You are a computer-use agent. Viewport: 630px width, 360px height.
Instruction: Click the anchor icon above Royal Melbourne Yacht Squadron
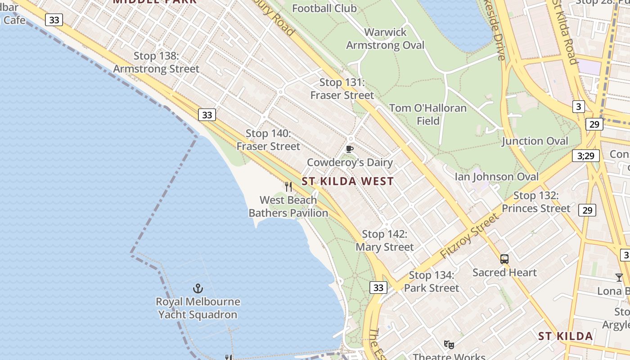point(198,288)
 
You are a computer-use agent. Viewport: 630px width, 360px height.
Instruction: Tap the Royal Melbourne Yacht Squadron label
point(198,308)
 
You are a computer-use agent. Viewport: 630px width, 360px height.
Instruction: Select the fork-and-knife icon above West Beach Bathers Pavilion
point(288,186)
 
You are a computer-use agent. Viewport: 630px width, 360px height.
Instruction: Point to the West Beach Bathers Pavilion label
point(288,207)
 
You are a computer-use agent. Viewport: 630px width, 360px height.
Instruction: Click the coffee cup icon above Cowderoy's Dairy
point(350,149)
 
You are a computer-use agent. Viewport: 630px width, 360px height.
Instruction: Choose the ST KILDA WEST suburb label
point(347,181)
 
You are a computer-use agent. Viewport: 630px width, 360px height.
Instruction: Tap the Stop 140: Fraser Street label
point(268,140)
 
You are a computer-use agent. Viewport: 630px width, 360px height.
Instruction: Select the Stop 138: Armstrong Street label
point(156,63)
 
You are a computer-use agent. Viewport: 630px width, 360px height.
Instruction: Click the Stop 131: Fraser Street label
point(342,89)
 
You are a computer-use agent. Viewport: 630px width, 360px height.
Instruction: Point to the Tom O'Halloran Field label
point(428,114)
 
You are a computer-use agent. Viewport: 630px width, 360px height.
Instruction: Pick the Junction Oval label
point(535,141)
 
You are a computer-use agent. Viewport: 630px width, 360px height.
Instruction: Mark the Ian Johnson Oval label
point(496,176)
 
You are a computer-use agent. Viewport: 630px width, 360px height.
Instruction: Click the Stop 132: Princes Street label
point(536,202)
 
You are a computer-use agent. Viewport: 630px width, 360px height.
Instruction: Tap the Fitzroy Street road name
point(470,236)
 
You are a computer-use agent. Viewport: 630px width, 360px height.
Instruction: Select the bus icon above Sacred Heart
point(504,259)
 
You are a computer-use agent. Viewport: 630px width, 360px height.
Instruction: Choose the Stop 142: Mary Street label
point(385,241)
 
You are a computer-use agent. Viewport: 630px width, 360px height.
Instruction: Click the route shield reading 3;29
point(586,156)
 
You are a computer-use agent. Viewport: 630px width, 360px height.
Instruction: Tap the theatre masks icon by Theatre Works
point(449,345)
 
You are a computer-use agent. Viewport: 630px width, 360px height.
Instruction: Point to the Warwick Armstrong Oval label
point(385,39)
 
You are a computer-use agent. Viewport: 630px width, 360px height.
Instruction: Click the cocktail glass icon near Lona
point(619,277)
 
